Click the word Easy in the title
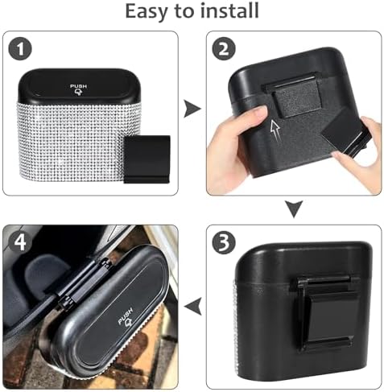click(x=147, y=12)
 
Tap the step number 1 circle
click(x=20, y=49)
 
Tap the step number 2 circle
click(x=224, y=49)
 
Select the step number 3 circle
click(x=224, y=242)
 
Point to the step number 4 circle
click(x=20, y=242)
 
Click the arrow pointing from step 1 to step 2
click(x=192, y=109)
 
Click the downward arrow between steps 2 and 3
click(x=294, y=208)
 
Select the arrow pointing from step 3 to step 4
click(x=192, y=307)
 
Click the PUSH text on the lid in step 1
click(x=78, y=86)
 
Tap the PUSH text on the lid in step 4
click(x=125, y=315)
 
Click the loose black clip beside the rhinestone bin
click(x=147, y=159)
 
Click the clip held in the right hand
click(x=345, y=134)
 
